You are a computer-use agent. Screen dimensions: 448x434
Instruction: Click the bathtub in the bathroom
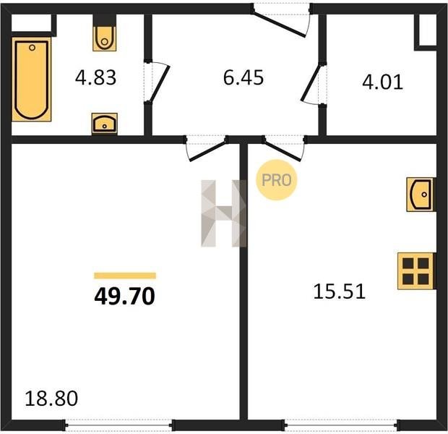31,80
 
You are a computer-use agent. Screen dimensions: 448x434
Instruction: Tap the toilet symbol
105,38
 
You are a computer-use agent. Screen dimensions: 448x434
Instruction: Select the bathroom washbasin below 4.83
105,124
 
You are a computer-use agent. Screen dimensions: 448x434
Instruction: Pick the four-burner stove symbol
416,271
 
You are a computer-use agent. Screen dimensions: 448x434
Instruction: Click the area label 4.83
95,77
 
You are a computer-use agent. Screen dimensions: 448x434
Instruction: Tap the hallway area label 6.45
244,77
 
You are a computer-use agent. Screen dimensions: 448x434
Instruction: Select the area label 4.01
382,82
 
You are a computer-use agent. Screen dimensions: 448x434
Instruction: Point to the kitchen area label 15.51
340,292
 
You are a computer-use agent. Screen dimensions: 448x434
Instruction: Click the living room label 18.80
51,399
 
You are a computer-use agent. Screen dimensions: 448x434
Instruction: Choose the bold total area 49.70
124,296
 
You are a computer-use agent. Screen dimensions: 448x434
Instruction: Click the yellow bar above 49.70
125,276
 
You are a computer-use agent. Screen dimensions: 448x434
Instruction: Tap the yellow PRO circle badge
276,180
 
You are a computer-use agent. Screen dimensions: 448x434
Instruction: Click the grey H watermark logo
224,213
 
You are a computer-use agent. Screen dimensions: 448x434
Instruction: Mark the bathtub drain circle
32,48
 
